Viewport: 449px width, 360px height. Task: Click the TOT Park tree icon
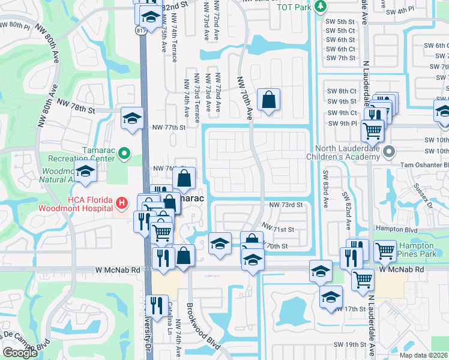click(321, 7)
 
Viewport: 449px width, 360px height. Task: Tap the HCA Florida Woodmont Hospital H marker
click(122, 204)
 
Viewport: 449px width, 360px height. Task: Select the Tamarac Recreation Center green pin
click(124, 154)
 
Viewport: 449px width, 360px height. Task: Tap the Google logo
click(20, 353)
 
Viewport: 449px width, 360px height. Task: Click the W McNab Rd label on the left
click(118, 271)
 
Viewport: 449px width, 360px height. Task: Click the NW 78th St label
click(77, 106)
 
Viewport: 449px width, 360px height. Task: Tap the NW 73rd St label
click(285, 205)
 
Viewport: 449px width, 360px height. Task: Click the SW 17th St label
click(354, 309)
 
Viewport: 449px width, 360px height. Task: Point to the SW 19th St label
click(351, 344)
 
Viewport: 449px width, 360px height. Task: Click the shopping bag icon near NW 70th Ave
click(269, 100)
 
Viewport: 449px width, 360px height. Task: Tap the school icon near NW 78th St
click(132, 117)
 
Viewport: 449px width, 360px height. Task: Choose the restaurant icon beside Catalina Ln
click(157, 305)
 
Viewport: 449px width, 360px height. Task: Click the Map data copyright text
click(424, 355)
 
